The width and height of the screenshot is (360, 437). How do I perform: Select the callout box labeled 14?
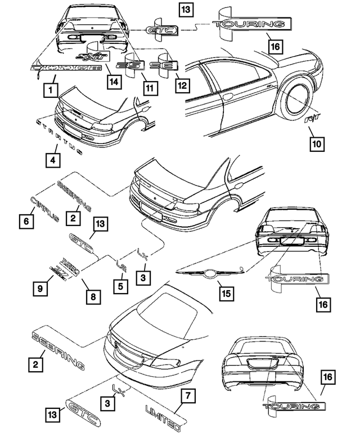pos(115,82)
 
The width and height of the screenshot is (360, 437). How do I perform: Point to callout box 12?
pos(182,85)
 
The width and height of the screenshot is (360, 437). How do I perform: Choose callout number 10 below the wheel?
pos(317,145)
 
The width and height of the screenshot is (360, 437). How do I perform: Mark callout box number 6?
pos(26,222)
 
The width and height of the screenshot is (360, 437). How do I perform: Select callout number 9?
pos(39,288)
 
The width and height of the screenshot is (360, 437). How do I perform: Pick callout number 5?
pos(120,285)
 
